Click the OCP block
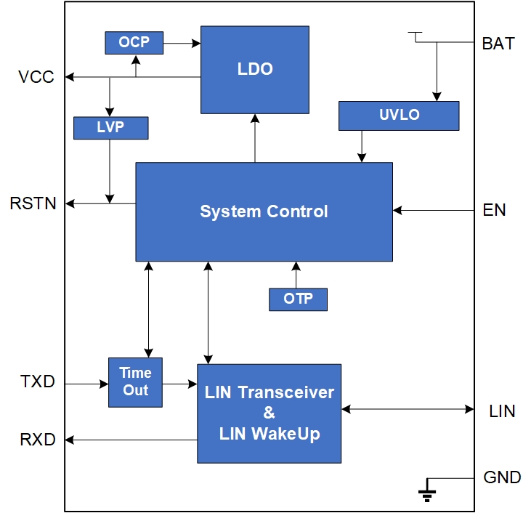point(134,42)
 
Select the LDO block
point(255,70)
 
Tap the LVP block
point(110,127)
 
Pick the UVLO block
point(399,115)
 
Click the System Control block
point(264,211)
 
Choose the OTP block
point(298,299)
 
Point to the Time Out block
point(135,382)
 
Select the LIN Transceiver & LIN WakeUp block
point(269,413)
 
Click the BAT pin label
point(498,44)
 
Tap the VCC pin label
point(36,77)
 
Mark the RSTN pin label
point(33,203)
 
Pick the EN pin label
point(495,211)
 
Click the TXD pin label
point(38,381)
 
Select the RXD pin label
point(38,439)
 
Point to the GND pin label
point(502,477)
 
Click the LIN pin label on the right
point(502,411)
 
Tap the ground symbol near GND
point(427,493)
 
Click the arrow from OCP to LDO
point(182,43)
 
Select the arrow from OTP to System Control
point(296,275)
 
